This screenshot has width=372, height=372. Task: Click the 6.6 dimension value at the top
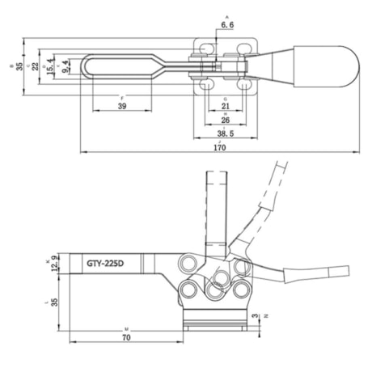coord(226,26)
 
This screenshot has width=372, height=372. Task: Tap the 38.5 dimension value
coord(224,133)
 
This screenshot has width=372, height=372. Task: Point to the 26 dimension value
coord(224,120)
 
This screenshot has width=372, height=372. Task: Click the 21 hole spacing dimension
coord(225,106)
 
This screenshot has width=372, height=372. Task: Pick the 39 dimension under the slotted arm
coord(122,106)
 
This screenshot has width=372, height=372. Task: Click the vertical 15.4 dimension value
coord(51,64)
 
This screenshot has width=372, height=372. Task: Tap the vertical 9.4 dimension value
coord(66,64)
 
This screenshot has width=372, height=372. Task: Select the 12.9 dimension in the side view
coord(55,263)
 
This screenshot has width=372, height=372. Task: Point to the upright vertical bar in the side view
coord(216,210)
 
